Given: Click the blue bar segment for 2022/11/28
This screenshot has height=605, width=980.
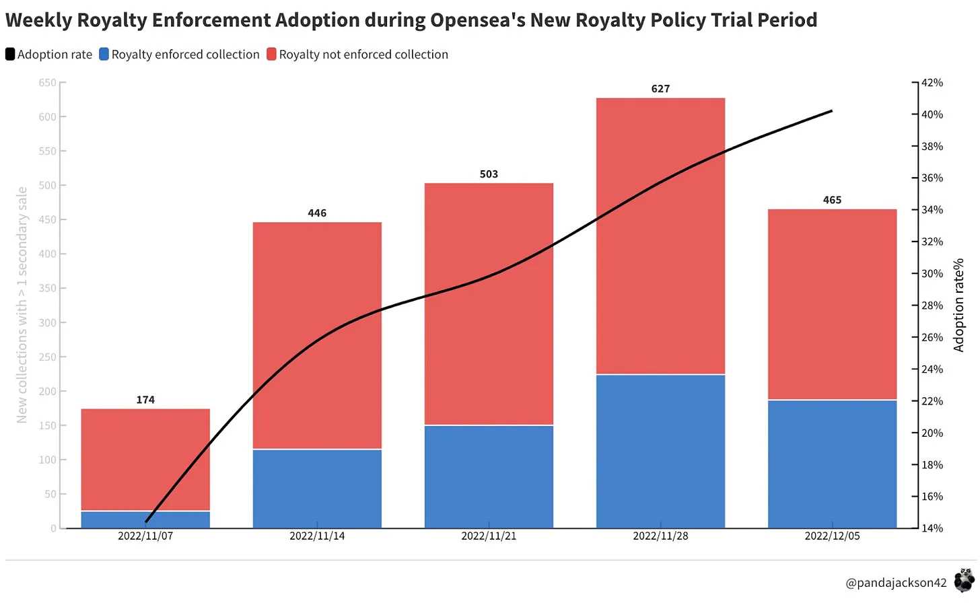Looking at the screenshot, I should [660, 451].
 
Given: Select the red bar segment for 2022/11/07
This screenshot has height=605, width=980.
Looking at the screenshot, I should [145, 460].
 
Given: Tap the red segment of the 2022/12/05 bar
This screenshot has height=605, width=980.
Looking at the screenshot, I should [832, 304].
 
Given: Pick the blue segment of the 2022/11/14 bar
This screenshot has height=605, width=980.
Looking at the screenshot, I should [317, 488].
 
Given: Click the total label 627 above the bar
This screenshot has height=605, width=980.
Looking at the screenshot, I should [660, 89].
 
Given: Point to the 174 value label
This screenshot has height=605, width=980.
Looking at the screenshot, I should [145, 400].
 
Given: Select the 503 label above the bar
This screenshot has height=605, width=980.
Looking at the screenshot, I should [489, 174].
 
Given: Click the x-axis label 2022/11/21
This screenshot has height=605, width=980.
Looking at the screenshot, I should [489, 536].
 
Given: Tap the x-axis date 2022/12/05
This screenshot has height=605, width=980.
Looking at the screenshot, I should [832, 536].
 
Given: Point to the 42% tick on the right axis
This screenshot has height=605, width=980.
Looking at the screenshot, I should [932, 83].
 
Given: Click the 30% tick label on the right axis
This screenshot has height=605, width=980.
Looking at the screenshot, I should [932, 274].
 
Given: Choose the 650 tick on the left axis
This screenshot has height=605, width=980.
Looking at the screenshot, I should [48, 83].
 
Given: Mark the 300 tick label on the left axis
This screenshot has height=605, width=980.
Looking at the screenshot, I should [48, 323].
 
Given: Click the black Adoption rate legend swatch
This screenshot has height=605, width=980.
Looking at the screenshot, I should [10, 55].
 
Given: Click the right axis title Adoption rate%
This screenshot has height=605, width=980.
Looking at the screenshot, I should [959, 305].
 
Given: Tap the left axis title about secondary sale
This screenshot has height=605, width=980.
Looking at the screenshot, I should [22, 305].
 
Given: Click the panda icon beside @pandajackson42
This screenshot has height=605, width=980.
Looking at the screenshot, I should [964, 580].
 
